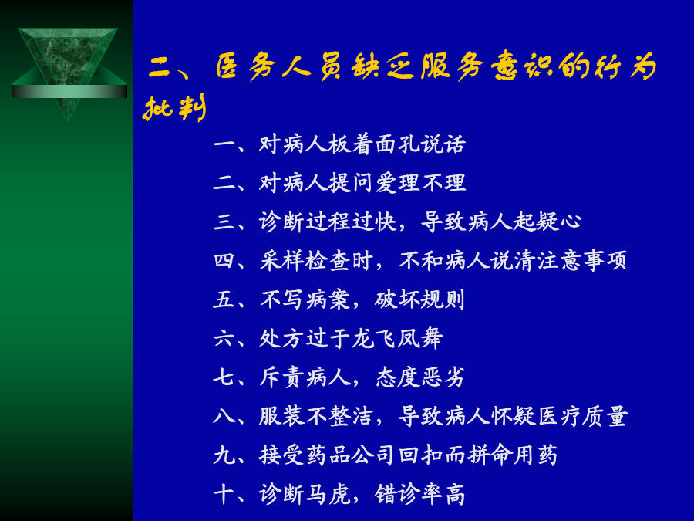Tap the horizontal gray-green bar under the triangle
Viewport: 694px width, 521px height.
pos(69,91)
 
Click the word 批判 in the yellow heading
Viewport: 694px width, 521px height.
pos(174,108)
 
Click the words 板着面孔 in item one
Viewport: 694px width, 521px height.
pos(363,144)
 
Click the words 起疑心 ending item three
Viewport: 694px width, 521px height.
pos(547,222)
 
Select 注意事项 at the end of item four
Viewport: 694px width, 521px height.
pos(582,261)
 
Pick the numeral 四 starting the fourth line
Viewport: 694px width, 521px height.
pos(224,261)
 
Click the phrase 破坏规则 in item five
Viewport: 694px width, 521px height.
pos(419,299)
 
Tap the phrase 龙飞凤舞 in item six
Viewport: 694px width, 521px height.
pos(397,339)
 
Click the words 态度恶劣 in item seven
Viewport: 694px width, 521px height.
pos(420,377)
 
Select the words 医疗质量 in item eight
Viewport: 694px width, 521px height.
pos(582,417)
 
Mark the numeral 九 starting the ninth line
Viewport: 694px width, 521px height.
pos(224,455)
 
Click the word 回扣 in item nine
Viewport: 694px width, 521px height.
pos(420,455)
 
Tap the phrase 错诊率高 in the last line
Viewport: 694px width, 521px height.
pos(420,495)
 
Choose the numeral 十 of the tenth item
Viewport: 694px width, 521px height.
pos(224,495)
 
